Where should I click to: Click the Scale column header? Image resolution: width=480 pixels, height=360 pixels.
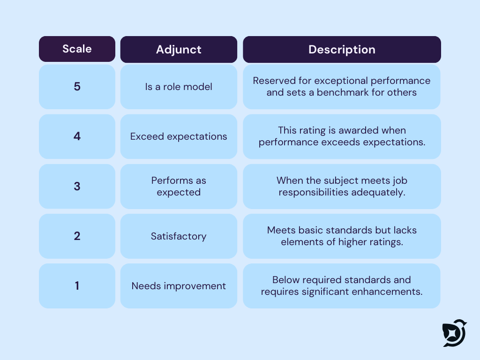click(77, 49)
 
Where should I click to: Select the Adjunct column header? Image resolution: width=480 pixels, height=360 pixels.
click(179, 50)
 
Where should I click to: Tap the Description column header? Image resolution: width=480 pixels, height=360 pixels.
click(342, 50)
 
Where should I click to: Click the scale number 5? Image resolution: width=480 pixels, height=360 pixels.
click(77, 87)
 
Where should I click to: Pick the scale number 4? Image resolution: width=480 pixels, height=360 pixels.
click(77, 136)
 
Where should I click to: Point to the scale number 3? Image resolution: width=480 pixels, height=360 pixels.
click(77, 186)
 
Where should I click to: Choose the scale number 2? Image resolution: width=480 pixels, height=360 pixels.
click(77, 236)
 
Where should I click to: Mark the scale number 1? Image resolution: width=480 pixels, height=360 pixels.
click(77, 285)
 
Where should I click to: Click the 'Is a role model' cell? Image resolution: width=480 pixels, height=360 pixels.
click(179, 87)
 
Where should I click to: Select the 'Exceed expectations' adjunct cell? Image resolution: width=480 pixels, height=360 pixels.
click(179, 136)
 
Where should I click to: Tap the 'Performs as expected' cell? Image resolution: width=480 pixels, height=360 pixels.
click(179, 186)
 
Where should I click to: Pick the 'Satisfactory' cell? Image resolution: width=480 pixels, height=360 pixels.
click(179, 236)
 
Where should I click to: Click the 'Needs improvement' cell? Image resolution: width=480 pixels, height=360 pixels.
click(179, 285)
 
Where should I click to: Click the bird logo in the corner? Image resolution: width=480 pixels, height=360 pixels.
click(454, 333)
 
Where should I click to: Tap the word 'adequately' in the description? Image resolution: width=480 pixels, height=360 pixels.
click(381, 192)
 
